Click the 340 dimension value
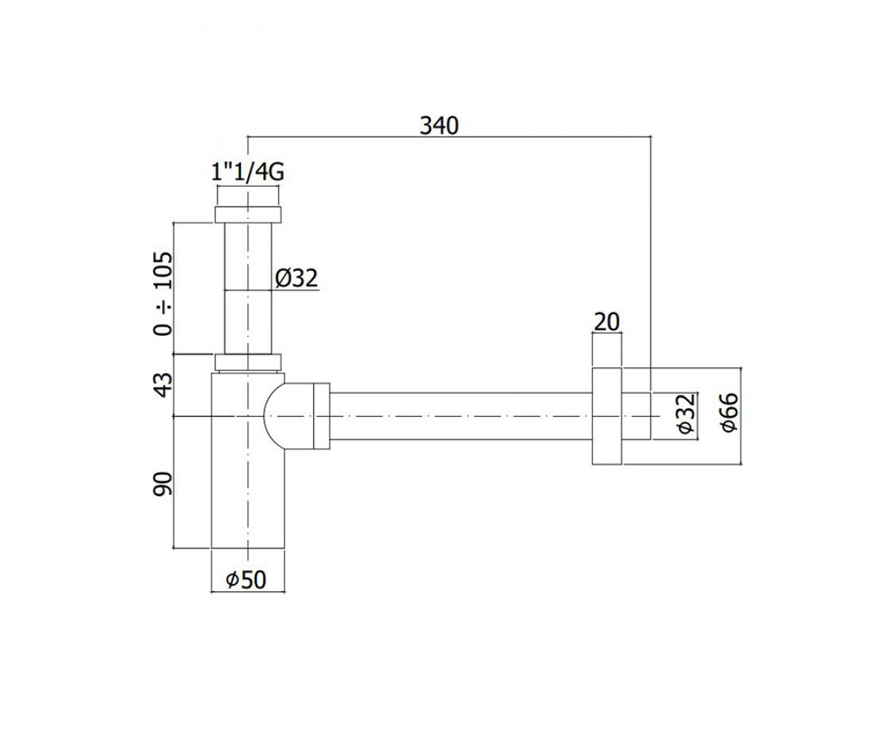click(439, 126)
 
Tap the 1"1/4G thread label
click(247, 172)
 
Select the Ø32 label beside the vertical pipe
click(296, 277)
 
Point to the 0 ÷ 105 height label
click(163, 293)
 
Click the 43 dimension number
click(163, 385)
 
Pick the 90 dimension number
click(163, 484)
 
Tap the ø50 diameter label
click(246, 580)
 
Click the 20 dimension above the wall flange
click(607, 322)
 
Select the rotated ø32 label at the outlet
click(686, 414)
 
